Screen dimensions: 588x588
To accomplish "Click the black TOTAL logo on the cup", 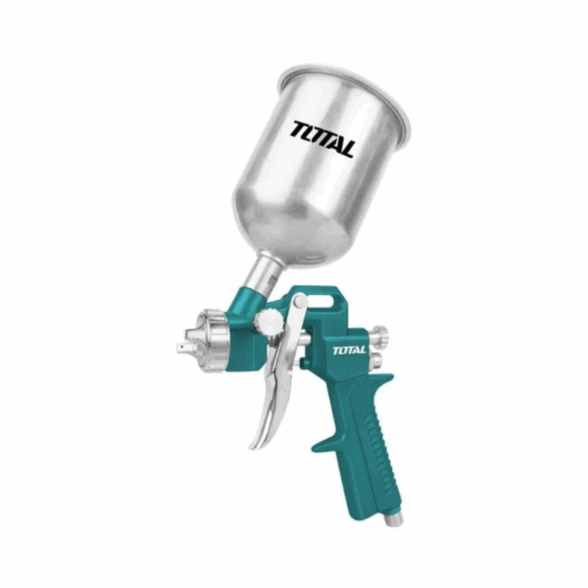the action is [x=322, y=139].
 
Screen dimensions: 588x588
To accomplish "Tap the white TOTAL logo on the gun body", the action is [x=349, y=350].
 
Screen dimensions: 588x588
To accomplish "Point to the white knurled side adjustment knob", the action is [x=269, y=322].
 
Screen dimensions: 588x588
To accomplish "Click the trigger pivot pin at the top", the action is [x=300, y=301].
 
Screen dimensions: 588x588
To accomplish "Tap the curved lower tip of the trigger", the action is [x=258, y=439].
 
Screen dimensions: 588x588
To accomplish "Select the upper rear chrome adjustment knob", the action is [x=379, y=335].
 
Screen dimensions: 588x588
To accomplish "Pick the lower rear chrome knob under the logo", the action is [x=376, y=360].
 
